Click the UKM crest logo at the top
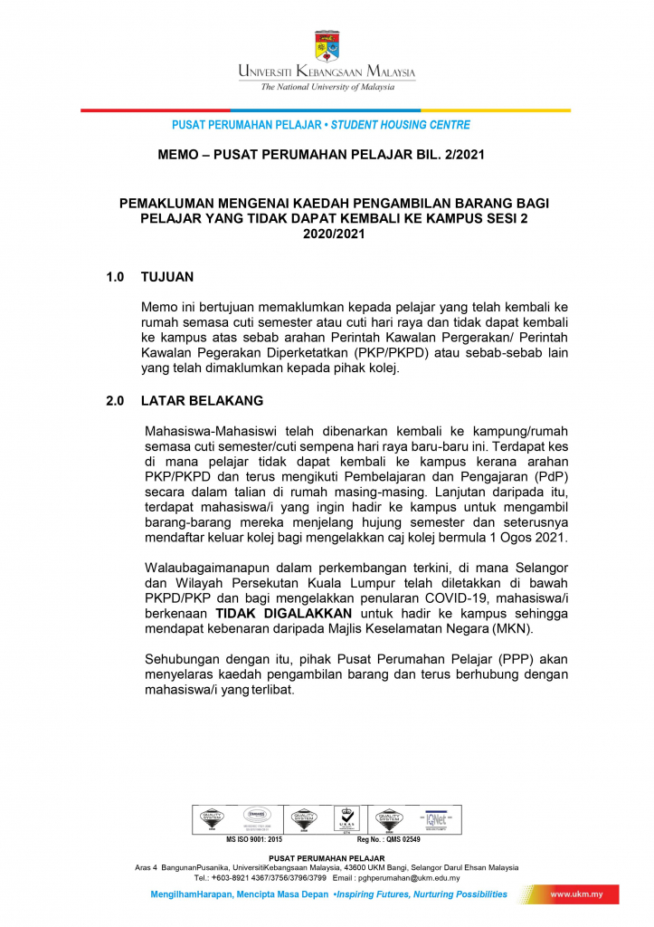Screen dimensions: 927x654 (327, 45)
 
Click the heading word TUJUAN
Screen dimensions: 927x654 (167, 276)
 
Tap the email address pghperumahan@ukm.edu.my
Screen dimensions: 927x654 (408, 877)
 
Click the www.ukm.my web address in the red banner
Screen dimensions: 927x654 (577, 894)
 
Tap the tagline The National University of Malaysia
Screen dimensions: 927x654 (327, 87)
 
